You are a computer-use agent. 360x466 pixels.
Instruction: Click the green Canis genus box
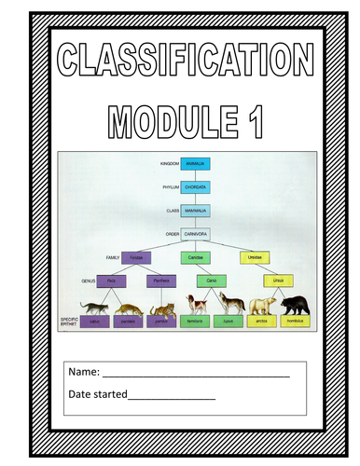pyautogui.click(x=211, y=279)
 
